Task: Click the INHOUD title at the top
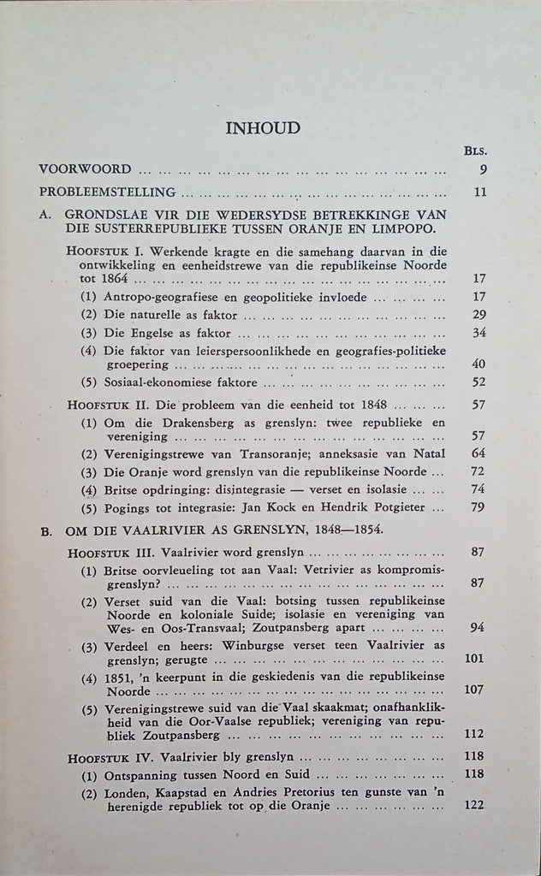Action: pyautogui.click(x=262, y=128)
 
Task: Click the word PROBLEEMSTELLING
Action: pyautogui.click(x=108, y=192)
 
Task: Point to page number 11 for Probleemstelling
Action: pyautogui.click(x=480, y=192)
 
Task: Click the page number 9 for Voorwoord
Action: pyautogui.click(x=484, y=169)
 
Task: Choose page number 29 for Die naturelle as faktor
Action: pyautogui.click(x=479, y=314)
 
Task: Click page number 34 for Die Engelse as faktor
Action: pyautogui.click(x=479, y=333)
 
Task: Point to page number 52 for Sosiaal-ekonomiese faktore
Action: pyautogui.click(x=479, y=382)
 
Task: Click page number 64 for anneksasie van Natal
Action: pyautogui.click(x=479, y=453)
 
